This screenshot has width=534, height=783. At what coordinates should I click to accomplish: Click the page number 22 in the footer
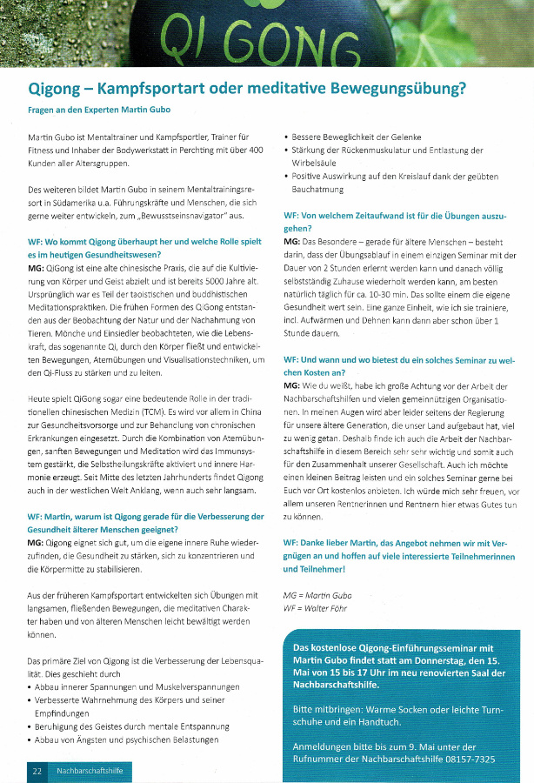tap(37, 770)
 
